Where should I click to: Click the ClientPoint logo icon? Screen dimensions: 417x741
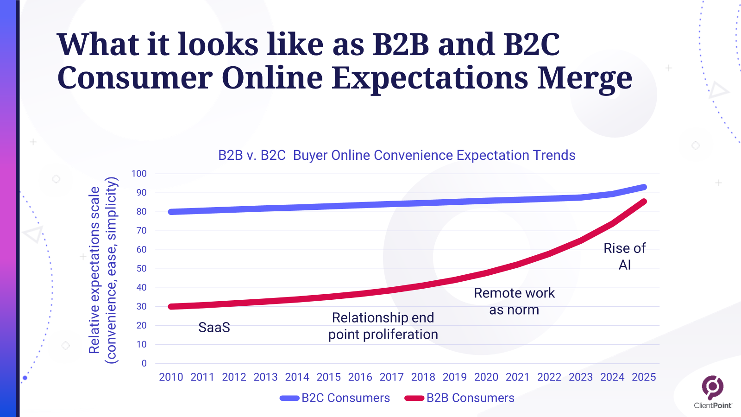712,387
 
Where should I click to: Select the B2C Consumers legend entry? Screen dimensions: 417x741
335,398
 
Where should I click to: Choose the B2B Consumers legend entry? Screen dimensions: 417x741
460,398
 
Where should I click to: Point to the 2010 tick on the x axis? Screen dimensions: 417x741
171,377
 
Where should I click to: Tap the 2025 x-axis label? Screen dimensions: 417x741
644,377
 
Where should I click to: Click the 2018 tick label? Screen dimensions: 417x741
423,377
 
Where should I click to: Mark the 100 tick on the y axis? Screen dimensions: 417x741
139,174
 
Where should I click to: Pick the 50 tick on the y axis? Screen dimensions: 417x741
141,269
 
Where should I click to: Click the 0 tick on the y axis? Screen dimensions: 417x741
144,364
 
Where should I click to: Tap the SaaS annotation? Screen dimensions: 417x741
214,328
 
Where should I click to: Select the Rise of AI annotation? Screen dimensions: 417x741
624,256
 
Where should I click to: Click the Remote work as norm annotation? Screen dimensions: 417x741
514,301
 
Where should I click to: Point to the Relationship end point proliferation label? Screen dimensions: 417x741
383,326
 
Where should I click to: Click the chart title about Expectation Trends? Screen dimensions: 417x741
396,155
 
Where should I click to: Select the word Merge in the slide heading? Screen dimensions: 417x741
584,77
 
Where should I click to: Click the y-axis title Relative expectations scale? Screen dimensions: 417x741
94,270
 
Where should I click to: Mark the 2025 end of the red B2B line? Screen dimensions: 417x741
644,202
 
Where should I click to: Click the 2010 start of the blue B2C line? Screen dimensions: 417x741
171,212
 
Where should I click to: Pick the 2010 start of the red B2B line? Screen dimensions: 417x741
171,307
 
